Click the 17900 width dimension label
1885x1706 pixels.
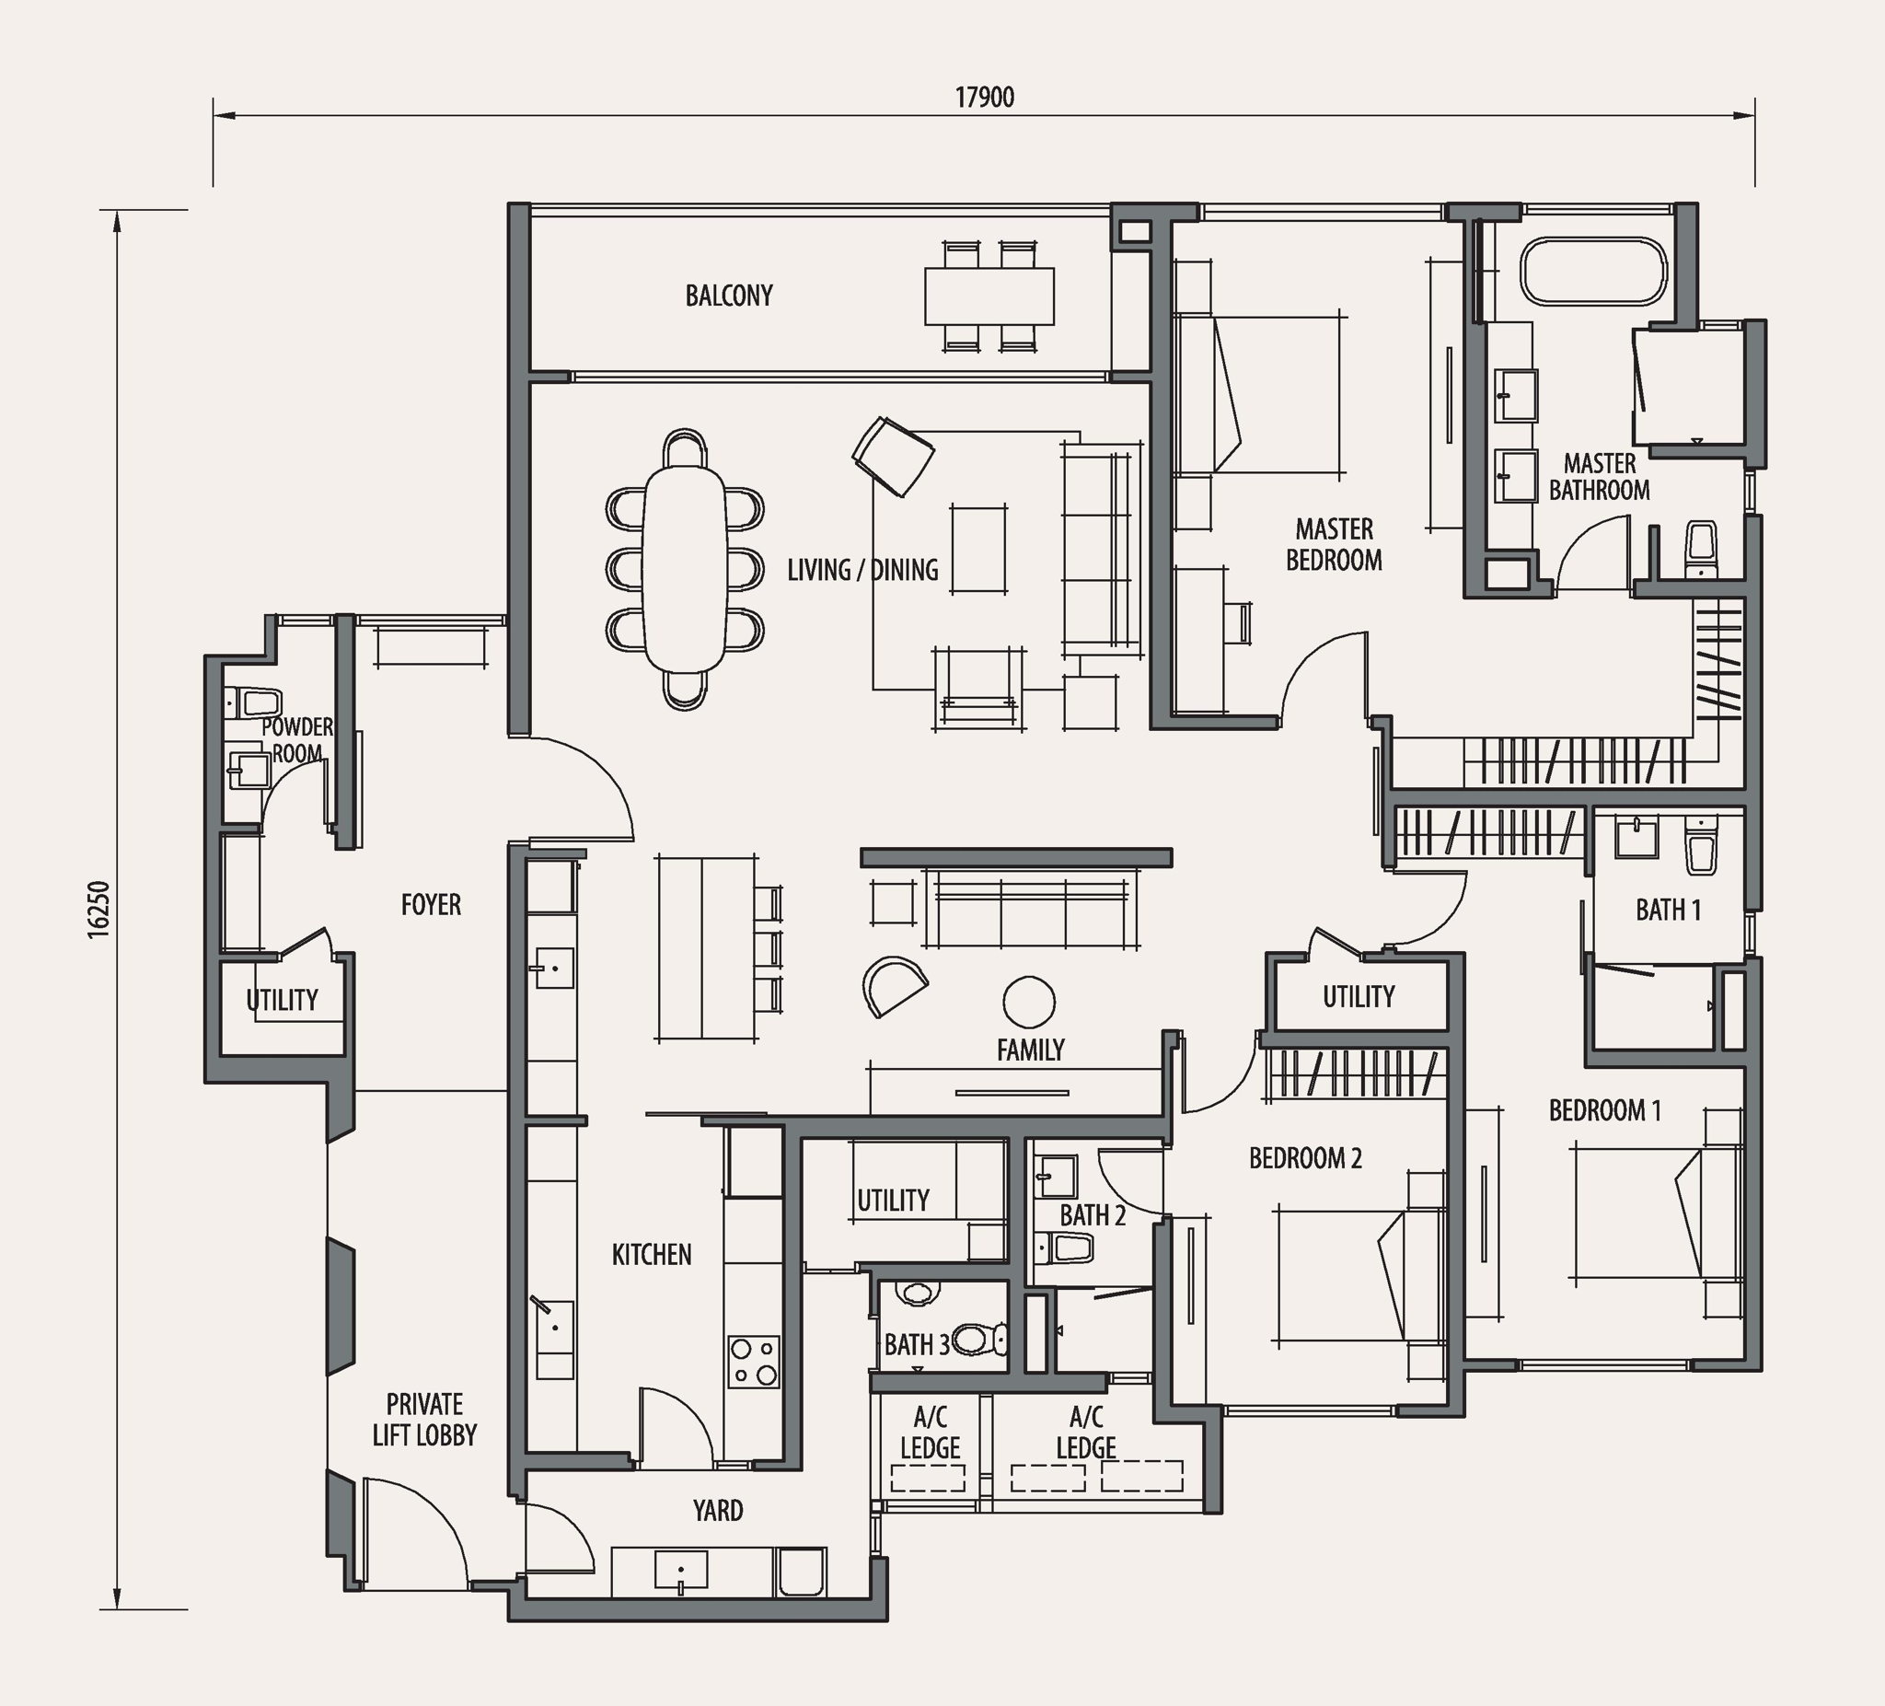985,98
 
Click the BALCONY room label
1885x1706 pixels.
729,296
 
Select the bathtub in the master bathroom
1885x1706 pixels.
1593,272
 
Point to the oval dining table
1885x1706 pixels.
685,569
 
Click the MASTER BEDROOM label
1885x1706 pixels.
1335,544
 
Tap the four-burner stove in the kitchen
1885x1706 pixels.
754,1362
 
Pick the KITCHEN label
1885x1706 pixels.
652,1254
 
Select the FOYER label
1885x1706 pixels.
431,904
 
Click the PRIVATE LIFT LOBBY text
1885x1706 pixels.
424,1420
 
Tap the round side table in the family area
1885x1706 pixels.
1028,1002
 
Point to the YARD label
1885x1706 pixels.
718,1511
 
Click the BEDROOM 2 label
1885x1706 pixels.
1305,1159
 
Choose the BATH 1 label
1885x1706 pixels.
1668,909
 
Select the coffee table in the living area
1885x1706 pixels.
979,549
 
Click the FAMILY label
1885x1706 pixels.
1030,1050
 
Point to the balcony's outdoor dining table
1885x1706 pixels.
989,296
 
